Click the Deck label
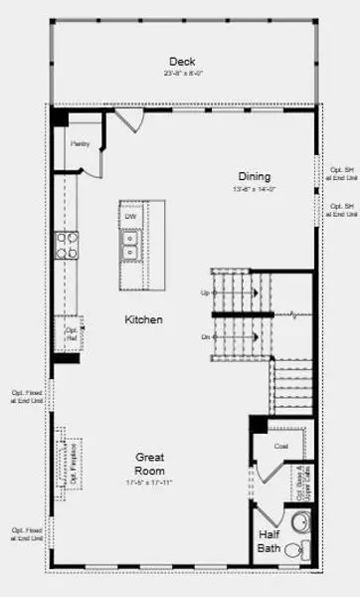coord(181,62)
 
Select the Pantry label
coord(80,144)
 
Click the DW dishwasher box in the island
coord(130,216)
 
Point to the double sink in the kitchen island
coord(130,240)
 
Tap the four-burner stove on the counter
coord(67,245)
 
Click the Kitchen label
coord(143,319)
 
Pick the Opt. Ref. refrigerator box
coord(71,333)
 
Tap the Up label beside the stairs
coord(206,293)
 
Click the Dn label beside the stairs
coord(206,337)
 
